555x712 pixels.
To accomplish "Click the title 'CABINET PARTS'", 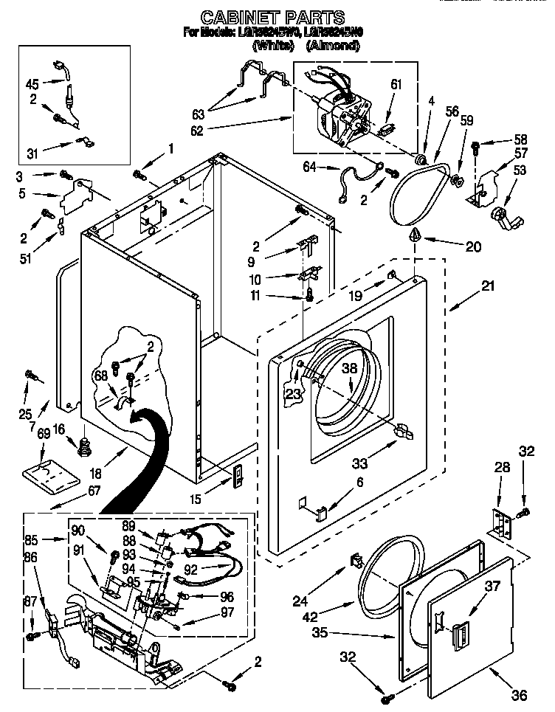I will pyautogui.click(x=273, y=15).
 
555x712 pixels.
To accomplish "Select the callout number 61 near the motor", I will pyautogui.click(x=396, y=84).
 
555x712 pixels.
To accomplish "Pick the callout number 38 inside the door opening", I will pyautogui.click(x=349, y=370).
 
